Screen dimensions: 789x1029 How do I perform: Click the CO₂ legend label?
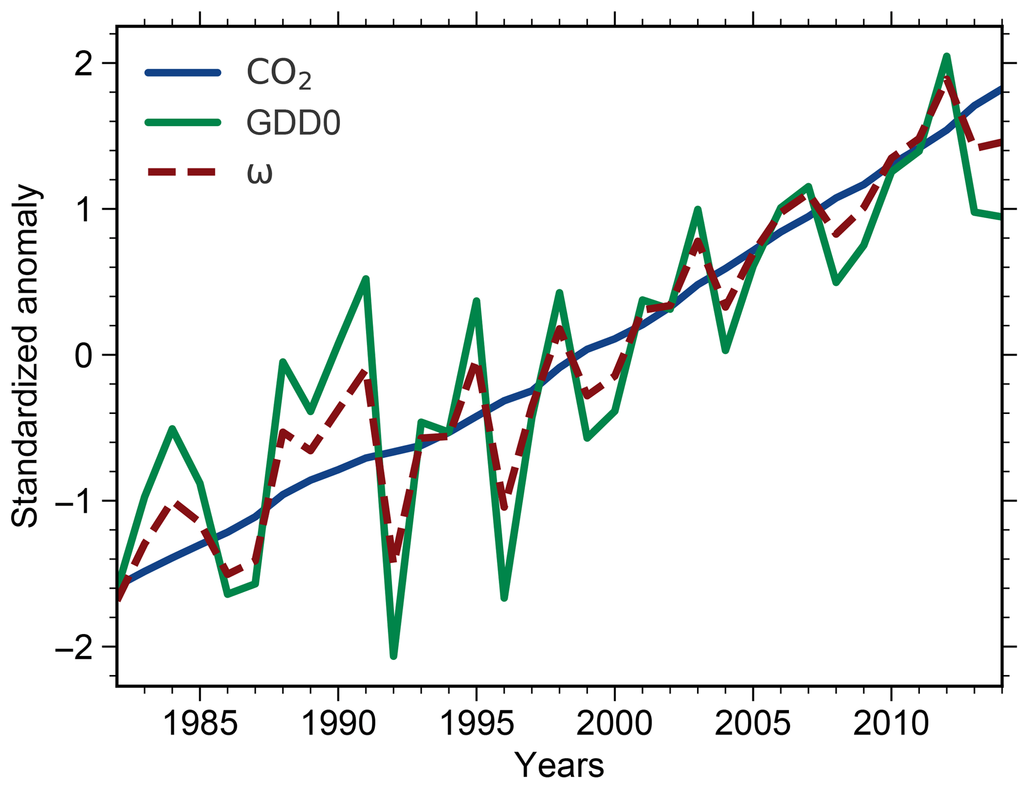point(279,74)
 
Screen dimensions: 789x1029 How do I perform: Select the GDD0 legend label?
point(293,123)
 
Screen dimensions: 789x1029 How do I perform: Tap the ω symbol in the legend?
point(259,172)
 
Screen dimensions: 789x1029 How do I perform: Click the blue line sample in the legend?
point(183,73)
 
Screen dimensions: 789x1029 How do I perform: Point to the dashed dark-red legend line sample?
point(183,172)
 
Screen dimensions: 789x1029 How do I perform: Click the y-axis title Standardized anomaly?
point(25,356)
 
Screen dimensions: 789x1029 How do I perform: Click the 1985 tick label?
point(200,723)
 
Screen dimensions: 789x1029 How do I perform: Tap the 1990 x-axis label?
point(339,723)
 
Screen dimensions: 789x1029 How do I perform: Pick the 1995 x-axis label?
point(477,723)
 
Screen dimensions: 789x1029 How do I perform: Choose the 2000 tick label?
point(614,723)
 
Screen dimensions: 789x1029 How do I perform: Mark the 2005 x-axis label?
point(753,723)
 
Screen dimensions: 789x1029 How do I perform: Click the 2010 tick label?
point(891,723)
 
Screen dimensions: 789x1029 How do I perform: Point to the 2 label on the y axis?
point(85,64)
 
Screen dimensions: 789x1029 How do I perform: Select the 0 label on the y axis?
point(85,355)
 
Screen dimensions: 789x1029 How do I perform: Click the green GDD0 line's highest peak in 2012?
point(947,56)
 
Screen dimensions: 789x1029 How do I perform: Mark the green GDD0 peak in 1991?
point(366,279)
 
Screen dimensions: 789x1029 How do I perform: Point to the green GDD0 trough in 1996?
point(504,597)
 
